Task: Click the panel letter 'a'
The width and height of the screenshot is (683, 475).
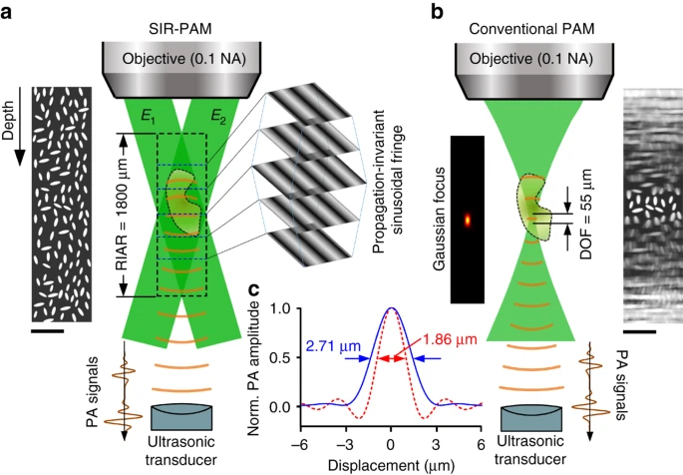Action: pos(6,12)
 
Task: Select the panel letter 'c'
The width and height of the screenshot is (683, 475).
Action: pos(253,289)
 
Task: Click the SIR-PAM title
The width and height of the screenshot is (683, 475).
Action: pos(180,29)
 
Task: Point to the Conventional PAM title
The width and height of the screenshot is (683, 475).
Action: pos(531,29)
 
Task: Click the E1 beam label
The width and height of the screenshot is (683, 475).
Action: pos(148,117)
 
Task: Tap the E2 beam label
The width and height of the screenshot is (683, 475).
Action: pos(218,117)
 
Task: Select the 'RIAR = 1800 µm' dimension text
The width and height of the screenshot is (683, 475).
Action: pos(123,215)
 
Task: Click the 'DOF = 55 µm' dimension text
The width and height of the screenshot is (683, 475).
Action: pos(586,215)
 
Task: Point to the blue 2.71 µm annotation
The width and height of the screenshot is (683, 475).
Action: pos(333,346)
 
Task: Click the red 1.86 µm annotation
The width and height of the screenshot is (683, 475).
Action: pos(450,338)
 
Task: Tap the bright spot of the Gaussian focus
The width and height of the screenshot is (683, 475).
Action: pos(468,220)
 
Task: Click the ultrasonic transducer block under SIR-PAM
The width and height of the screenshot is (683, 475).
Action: pos(181,417)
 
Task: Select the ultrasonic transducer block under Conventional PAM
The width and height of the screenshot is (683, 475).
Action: pos(531,418)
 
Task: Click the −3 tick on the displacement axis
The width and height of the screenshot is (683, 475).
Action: pos(345,445)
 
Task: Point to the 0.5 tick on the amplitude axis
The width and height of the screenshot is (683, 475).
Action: pos(281,358)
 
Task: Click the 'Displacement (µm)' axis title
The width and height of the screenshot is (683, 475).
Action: pos(391,465)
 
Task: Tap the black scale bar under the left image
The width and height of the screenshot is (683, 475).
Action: pos(48,331)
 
